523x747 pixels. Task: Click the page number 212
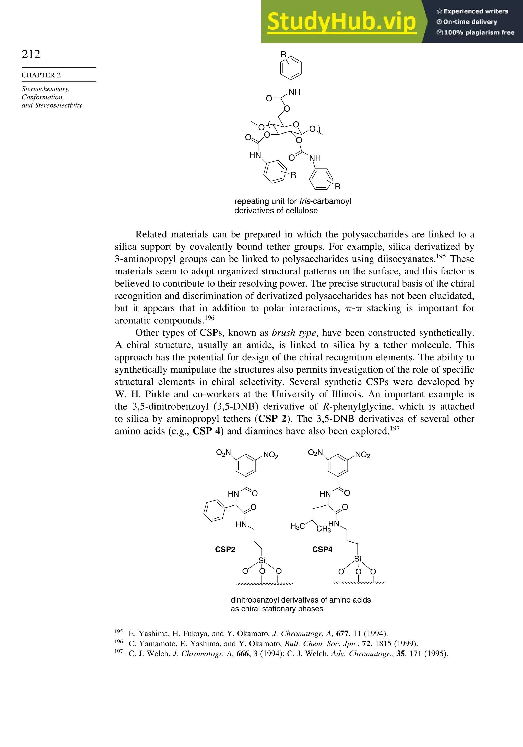(x=31, y=54)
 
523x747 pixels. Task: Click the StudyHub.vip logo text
(x=341, y=22)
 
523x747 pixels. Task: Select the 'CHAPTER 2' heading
(x=41, y=75)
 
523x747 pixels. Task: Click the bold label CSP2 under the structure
(x=225, y=549)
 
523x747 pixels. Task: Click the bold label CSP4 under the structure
(x=322, y=549)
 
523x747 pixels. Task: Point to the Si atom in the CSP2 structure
(x=262, y=560)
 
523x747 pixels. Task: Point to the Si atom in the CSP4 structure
(x=358, y=559)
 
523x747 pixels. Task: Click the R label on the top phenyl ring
(x=283, y=54)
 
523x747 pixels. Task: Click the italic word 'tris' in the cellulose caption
(x=304, y=201)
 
